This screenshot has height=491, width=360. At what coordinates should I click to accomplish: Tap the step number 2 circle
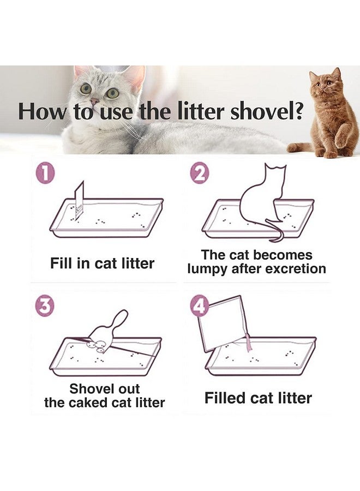(x=199, y=173)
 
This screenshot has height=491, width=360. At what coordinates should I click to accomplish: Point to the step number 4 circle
(x=200, y=306)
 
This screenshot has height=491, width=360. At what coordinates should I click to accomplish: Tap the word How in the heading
(x=43, y=112)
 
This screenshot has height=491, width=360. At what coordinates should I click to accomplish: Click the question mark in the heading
(x=298, y=111)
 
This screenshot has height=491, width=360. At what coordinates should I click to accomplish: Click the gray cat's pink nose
(x=94, y=101)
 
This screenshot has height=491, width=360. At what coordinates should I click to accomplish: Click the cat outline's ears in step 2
(x=275, y=166)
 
